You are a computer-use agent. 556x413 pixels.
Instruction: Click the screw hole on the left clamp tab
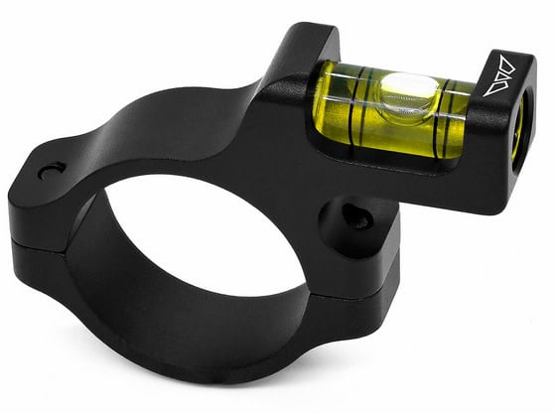tap(51, 171)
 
